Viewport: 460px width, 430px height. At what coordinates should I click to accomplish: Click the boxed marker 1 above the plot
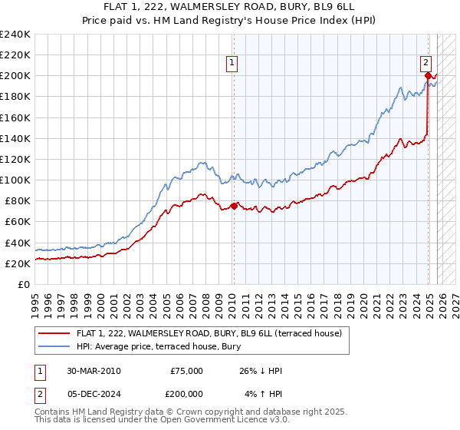pyautogui.click(x=232, y=64)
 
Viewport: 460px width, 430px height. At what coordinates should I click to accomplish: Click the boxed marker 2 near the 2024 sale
pyautogui.click(x=426, y=64)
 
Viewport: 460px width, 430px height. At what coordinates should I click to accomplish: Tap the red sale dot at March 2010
pyautogui.click(x=234, y=206)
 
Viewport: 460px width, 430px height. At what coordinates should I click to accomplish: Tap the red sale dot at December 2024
pyautogui.click(x=428, y=75)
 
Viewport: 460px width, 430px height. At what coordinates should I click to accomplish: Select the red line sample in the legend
pyautogui.click(x=55, y=332)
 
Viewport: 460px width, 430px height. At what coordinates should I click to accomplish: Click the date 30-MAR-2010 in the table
pyautogui.click(x=94, y=371)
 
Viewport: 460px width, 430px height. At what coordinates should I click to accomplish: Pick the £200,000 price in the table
pyautogui.click(x=186, y=395)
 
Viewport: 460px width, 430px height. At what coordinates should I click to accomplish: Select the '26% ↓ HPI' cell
pyautogui.click(x=260, y=371)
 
